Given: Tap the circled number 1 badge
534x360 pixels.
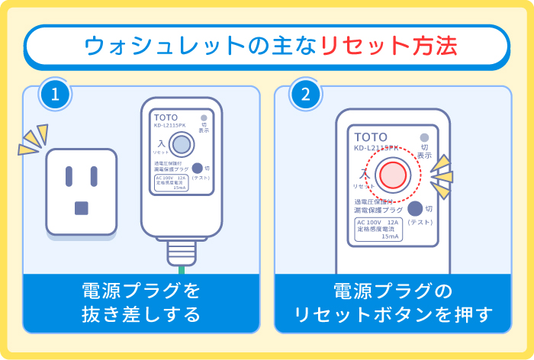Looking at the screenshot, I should click(x=56, y=95).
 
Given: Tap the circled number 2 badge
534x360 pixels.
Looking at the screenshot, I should click(x=305, y=95).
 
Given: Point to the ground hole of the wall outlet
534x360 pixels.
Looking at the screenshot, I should click(x=82, y=207).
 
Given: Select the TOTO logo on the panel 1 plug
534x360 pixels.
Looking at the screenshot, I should click(x=159, y=118).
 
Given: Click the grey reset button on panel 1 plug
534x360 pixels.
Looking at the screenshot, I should click(x=182, y=143).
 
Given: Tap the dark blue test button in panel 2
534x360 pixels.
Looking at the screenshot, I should click(x=415, y=208).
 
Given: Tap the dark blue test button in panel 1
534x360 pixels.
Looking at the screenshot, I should click(x=197, y=169).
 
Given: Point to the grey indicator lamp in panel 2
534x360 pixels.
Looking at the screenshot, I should click(x=424, y=138).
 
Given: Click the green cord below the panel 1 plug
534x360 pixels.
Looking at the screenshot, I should click(x=181, y=268).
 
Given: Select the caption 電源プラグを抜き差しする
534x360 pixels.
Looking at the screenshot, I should click(x=140, y=303).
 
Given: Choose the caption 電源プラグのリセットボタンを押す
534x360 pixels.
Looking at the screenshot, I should click(x=393, y=303).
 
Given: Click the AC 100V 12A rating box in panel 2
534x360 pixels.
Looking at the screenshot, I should click(x=378, y=230).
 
